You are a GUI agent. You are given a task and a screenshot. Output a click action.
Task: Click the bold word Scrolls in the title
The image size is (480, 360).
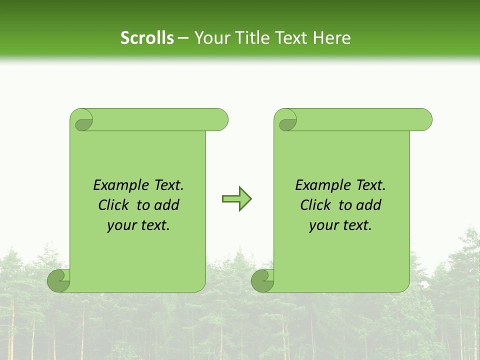point(147,38)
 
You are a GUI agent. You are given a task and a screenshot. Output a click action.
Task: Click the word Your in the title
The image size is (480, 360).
point(210,38)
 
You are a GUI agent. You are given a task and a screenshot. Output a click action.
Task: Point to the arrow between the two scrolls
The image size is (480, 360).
point(236,199)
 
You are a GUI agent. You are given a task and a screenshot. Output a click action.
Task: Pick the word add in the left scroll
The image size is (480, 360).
point(167,205)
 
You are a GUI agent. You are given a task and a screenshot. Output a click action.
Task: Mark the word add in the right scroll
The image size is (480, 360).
point(369,205)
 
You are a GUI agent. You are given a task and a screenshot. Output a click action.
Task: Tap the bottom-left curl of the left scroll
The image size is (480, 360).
point(58,281)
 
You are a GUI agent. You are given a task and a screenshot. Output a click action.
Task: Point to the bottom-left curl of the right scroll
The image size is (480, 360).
point(262,281)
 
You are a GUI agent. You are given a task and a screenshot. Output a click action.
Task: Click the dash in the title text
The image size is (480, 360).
point(183,38)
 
